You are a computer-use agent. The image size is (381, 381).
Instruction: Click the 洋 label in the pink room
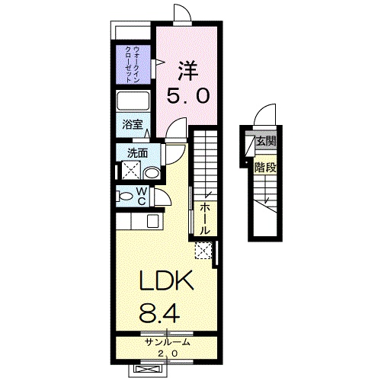click(187, 70)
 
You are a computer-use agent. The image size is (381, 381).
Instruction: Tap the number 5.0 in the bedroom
click(188, 96)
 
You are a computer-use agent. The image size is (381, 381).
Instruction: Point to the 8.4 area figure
click(159, 313)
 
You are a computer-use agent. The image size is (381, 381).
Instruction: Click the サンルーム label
click(167, 342)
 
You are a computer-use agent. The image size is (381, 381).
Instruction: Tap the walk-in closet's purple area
click(133, 65)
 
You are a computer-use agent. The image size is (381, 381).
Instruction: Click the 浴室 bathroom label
click(133, 124)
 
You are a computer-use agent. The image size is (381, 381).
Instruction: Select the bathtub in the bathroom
click(133, 101)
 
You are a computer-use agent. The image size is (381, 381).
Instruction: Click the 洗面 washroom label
click(137, 153)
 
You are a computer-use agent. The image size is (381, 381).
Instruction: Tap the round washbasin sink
click(152, 174)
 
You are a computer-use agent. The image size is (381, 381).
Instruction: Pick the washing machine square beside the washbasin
click(131, 171)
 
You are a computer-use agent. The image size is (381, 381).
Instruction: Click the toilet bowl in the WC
click(124, 197)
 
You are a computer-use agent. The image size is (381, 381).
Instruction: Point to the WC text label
click(142, 196)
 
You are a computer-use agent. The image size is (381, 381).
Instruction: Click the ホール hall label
click(205, 219)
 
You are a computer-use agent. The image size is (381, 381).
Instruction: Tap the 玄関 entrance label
click(266, 141)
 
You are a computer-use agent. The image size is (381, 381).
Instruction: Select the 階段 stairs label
click(265, 168)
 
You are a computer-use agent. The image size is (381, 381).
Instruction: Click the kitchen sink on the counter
click(153, 221)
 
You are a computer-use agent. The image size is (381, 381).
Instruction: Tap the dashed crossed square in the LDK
click(203, 251)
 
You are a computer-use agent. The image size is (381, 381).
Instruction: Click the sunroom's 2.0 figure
click(168, 354)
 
